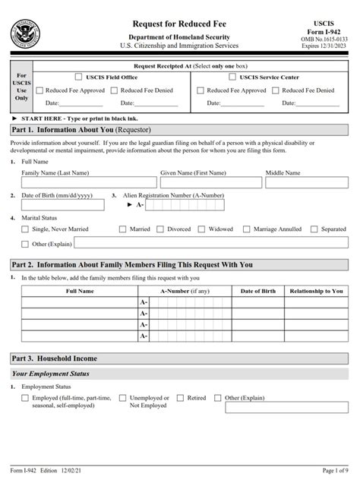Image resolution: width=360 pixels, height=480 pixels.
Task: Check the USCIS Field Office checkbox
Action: point(78,77)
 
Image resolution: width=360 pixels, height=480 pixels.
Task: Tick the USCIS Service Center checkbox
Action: point(233,77)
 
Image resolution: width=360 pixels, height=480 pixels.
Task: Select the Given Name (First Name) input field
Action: point(210,182)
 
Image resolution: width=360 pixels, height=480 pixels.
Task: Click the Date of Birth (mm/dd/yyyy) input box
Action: point(63,205)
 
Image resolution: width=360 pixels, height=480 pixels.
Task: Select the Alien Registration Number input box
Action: point(185,205)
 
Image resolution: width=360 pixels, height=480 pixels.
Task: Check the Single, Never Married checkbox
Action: point(26,229)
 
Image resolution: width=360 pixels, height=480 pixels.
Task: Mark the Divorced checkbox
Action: point(162,229)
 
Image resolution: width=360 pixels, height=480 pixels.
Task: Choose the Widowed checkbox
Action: point(203,229)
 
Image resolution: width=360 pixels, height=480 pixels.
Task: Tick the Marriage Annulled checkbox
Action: point(247,229)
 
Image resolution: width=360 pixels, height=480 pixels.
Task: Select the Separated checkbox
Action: point(314,229)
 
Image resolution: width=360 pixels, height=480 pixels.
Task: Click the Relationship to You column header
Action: point(316,291)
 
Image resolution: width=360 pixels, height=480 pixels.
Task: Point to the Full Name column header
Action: point(80,291)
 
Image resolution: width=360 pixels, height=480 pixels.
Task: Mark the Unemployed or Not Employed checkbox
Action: point(123,398)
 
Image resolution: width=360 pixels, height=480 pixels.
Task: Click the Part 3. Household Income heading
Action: point(55,358)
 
